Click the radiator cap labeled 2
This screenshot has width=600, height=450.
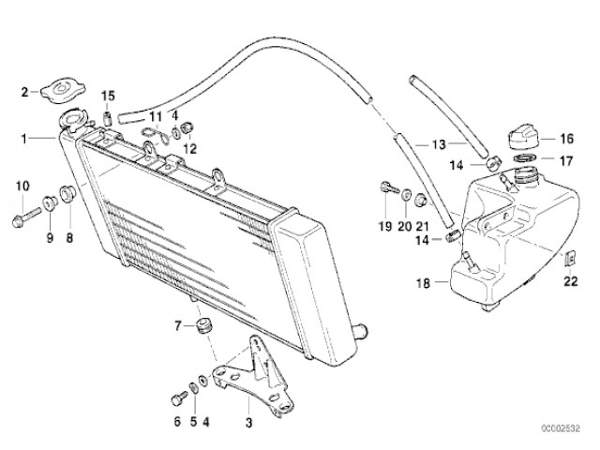63,91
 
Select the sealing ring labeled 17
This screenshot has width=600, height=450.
525,157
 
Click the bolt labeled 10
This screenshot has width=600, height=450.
26,216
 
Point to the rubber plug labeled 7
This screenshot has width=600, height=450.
202,325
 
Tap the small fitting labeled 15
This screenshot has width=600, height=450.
108,118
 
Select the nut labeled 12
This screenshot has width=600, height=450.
187,128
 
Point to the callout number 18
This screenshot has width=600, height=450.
423,283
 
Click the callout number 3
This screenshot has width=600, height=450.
248,423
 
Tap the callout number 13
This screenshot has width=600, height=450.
439,144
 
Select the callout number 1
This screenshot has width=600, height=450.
24,139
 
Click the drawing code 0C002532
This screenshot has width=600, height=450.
560,427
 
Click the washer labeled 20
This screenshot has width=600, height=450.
405,196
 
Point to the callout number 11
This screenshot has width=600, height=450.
157,116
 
